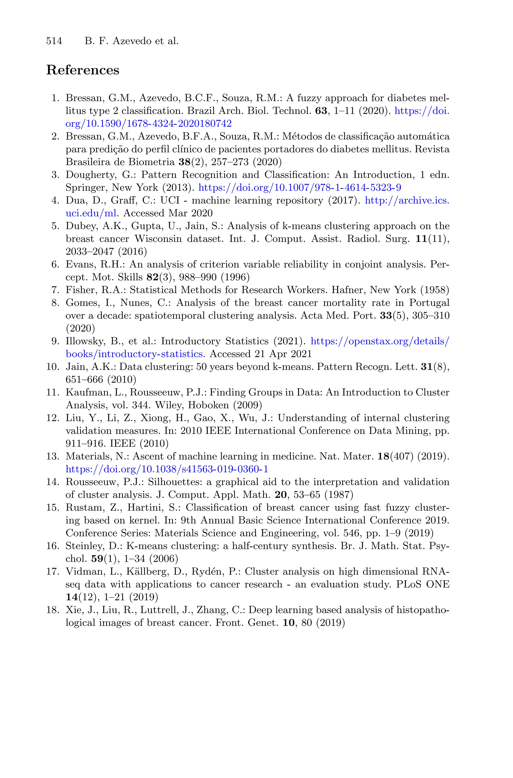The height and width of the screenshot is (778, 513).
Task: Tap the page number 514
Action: (x=54, y=41)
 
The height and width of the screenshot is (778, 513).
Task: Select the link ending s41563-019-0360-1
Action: (x=167, y=469)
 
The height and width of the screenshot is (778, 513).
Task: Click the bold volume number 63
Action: (x=321, y=111)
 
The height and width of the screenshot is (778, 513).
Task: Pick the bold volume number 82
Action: (x=152, y=277)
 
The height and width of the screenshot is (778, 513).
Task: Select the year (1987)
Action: (x=339, y=495)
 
